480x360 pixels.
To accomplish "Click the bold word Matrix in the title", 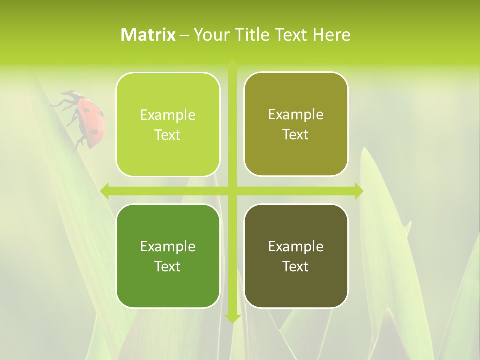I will click(x=148, y=35).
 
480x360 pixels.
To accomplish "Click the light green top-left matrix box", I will click(x=168, y=125).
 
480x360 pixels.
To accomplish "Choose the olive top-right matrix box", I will click(x=296, y=124).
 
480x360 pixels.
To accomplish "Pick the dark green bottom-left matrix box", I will click(x=168, y=256).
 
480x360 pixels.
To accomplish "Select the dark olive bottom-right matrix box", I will click(x=296, y=256).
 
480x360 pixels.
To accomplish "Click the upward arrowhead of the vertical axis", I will click(x=232, y=65).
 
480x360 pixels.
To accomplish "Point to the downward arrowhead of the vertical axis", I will click(x=232, y=318).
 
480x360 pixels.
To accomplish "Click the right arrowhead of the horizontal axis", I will click(x=359, y=191).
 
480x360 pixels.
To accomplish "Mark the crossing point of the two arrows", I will click(x=232, y=191).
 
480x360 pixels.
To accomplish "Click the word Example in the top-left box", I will click(x=168, y=115).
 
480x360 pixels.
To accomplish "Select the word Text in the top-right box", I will click(x=296, y=135).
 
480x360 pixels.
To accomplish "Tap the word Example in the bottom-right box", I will click(x=296, y=246).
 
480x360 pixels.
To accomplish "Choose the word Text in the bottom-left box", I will click(x=168, y=266).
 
